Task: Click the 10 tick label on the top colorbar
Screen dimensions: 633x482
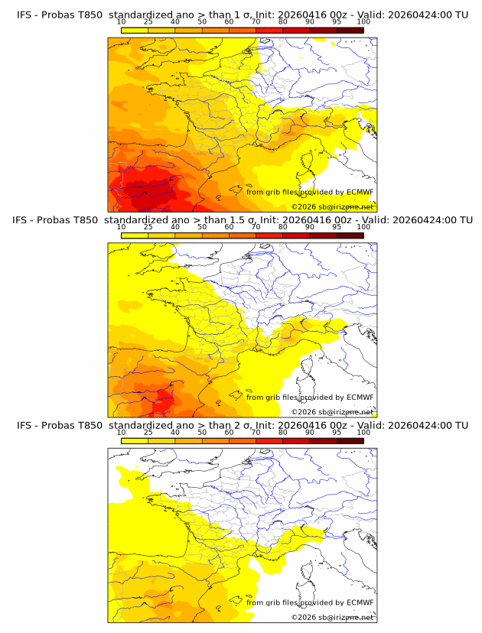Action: point(121,22)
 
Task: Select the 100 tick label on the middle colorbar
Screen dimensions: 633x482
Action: point(363,227)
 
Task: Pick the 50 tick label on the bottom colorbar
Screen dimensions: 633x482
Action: point(202,432)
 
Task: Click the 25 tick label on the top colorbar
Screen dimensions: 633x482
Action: point(148,22)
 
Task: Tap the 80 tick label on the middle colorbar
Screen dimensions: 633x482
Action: point(283,227)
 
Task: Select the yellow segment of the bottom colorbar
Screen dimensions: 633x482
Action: point(135,440)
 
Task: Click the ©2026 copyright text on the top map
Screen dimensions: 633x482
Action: point(332,206)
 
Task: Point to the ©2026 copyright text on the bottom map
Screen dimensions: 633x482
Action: point(332,616)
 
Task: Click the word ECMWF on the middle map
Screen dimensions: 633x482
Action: point(360,397)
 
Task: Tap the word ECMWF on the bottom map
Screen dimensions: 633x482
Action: point(360,602)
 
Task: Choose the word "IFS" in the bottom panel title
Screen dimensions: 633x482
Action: point(25,425)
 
